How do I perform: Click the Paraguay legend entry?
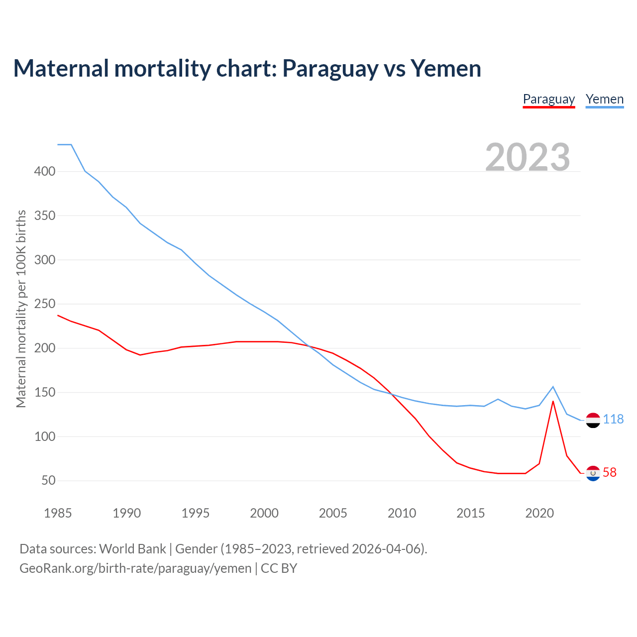548,100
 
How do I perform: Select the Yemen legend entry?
604,100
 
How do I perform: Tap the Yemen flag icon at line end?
593,420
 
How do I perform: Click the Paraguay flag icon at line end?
593,473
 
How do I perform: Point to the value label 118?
613,420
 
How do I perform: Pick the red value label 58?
610,473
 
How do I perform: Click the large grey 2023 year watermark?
528,157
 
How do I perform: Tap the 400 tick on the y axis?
44,172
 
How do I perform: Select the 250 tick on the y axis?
44,304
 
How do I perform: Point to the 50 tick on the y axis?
48,481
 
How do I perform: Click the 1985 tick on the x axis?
58,513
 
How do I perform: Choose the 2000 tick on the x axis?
264,513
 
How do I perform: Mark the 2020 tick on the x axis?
539,513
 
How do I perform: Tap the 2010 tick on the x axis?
402,513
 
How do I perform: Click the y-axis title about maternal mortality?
21,309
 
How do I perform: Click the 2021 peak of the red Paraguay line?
553,401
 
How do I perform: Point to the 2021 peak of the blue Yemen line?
553,387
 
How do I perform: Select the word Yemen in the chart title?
445,69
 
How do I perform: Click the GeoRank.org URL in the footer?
135,568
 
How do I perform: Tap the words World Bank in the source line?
132,549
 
